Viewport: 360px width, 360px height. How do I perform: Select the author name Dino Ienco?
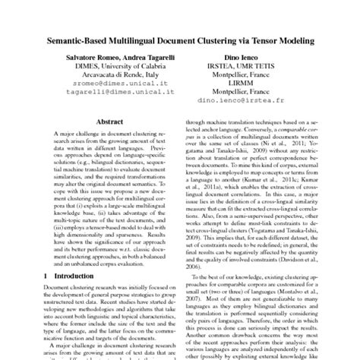264,57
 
